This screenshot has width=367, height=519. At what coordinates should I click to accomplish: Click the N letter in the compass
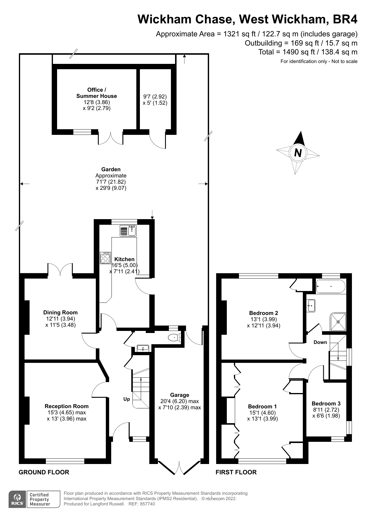pos(298,153)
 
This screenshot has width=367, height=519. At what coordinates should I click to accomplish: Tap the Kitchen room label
pos(124,259)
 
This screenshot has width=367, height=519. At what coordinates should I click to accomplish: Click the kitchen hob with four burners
pos(105,258)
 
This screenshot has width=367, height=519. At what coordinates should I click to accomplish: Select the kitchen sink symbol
pos(128,231)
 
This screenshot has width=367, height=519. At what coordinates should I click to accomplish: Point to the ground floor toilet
pos(174,337)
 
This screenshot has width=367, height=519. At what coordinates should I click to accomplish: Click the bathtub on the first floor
pos(331,286)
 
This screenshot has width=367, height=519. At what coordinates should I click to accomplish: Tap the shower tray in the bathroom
pos(338,321)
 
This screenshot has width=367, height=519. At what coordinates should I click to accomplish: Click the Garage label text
pos(180,395)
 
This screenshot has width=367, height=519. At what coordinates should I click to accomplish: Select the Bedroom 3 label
pos(326,403)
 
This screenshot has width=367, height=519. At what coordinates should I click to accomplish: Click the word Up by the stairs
pos(127,399)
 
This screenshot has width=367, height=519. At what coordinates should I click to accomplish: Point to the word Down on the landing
pos(320,342)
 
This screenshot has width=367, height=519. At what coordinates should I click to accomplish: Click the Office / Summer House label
pos(96,93)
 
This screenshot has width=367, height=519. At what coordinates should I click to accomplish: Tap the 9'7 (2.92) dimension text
pos(155,97)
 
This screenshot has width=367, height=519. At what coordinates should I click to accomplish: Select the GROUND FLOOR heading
pos(44,472)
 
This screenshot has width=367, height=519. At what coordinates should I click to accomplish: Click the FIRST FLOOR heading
pos(236,472)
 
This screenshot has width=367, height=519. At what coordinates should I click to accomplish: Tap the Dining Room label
pos(60,312)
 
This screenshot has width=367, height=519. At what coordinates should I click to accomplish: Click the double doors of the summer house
pos(111,138)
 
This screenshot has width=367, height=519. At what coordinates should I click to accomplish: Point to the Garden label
pos(111,169)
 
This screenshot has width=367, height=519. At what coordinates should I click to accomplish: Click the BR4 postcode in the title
pos(345,19)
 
